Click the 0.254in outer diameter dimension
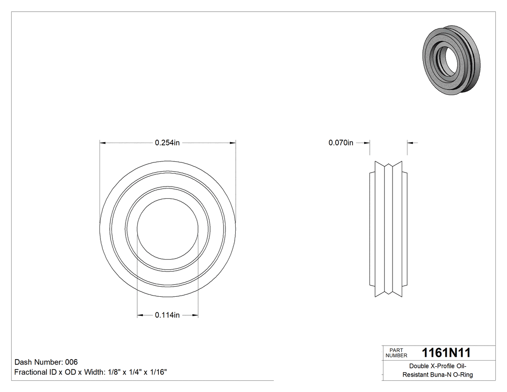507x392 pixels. [167, 143]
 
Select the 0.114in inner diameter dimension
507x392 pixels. [167, 316]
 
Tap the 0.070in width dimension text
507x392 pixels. [341, 143]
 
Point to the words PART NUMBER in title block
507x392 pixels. [396, 353]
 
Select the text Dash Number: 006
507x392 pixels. [46, 362]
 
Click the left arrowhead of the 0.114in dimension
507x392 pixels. [140, 316]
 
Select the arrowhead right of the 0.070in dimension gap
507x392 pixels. [410, 143]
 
